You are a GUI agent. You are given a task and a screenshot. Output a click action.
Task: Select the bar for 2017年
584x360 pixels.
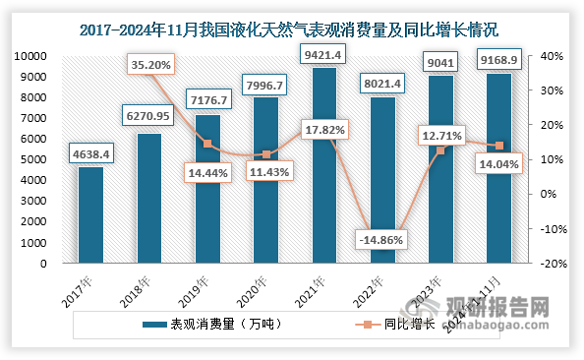coord(90,214)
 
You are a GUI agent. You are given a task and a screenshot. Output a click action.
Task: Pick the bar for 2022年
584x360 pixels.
coord(382,180)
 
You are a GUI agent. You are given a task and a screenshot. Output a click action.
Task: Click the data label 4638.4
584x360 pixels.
coord(90,152)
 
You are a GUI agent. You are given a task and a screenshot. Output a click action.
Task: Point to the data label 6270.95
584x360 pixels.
coord(149,117)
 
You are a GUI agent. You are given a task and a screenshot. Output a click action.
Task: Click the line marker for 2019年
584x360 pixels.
coord(207,144)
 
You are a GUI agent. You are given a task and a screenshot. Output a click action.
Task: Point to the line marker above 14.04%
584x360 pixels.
coord(498,146)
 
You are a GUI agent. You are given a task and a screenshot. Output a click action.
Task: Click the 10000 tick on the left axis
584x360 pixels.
coord(33,56)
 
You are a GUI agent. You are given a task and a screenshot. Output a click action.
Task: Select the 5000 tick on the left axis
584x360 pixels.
coord(36,160)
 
